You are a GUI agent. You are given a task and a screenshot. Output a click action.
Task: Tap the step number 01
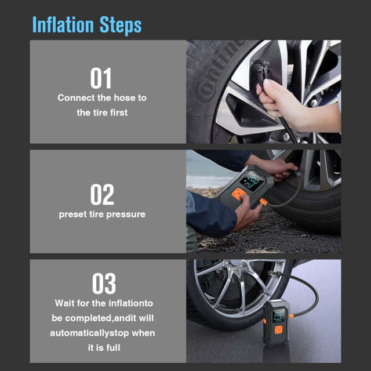click(101, 78)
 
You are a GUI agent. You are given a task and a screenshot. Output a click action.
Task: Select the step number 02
click(102, 195)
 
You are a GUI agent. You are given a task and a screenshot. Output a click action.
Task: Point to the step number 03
click(104, 283)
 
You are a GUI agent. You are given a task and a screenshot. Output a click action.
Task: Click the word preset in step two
click(73, 214)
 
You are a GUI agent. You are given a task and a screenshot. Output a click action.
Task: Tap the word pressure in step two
click(127, 214)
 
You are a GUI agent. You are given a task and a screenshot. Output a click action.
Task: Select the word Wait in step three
click(67, 303)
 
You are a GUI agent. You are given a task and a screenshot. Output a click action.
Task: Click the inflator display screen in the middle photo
click(253, 180)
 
